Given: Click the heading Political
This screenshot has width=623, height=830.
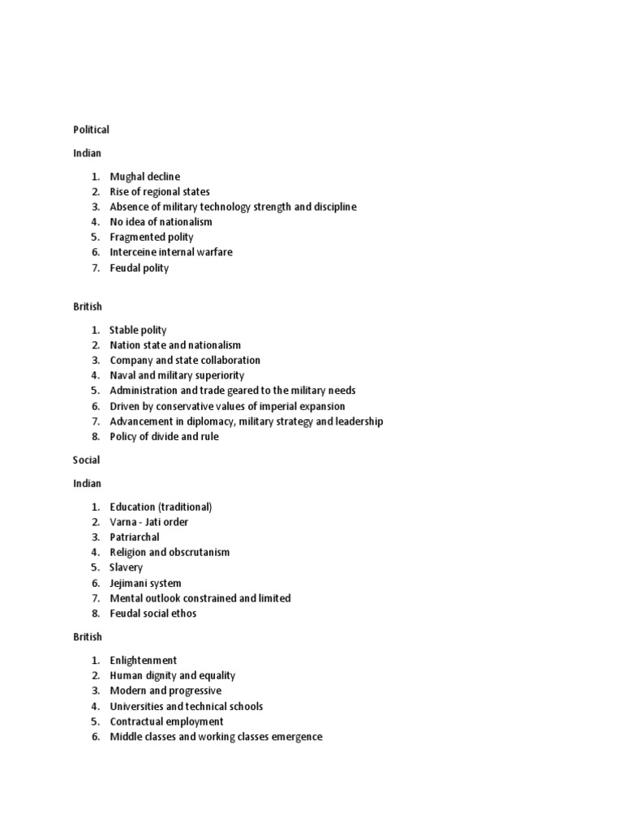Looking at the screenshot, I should click(x=91, y=130).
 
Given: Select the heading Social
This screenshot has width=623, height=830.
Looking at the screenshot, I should click(x=86, y=460).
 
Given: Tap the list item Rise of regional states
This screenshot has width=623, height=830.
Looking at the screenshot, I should click(x=160, y=192).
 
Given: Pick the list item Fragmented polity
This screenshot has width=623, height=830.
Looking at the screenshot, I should click(x=152, y=237).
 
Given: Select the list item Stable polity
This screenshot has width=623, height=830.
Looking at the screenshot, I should click(x=138, y=331).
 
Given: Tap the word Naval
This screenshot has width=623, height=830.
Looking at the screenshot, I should click(x=124, y=376).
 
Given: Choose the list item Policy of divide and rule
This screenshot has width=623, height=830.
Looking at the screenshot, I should click(x=165, y=437).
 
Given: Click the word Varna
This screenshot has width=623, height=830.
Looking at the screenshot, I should click(x=124, y=522).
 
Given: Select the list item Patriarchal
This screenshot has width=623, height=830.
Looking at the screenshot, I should click(x=135, y=537).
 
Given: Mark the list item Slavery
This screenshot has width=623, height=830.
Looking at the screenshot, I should click(x=127, y=568).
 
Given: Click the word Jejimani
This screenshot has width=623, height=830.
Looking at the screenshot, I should click(x=131, y=584).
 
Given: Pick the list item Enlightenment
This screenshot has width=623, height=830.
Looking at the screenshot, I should click(x=144, y=661).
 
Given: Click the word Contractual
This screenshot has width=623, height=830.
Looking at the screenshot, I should click(x=136, y=722).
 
